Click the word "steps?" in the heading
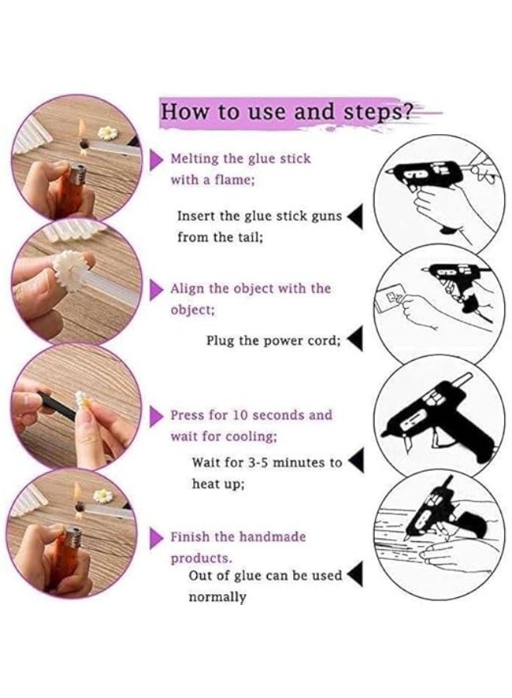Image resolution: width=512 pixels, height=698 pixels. [x=377, y=112]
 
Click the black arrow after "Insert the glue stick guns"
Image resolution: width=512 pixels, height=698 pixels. [x=355, y=217]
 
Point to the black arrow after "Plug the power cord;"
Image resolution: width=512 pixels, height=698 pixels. [x=355, y=339]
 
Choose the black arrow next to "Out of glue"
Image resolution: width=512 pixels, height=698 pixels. [x=355, y=574]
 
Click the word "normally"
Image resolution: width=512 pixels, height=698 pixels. [x=217, y=597]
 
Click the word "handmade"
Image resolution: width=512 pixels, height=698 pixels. [x=272, y=537]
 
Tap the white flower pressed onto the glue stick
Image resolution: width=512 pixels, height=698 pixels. [x=67, y=270]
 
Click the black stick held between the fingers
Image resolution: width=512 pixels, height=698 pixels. [x=56, y=406]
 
